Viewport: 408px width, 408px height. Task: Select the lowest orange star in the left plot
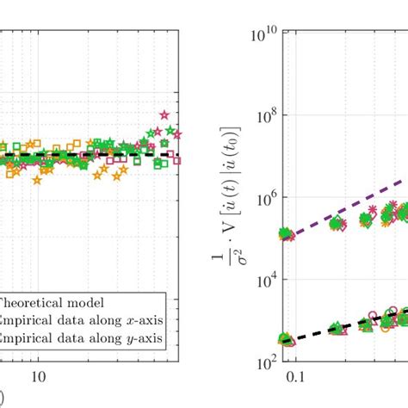coord(37,180)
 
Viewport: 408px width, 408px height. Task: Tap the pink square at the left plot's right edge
coord(176,159)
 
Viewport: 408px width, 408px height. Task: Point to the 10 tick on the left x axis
coord(38,377)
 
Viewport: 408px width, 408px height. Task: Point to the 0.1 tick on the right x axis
coord(296,377)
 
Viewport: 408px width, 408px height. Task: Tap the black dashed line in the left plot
coord(103,156)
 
